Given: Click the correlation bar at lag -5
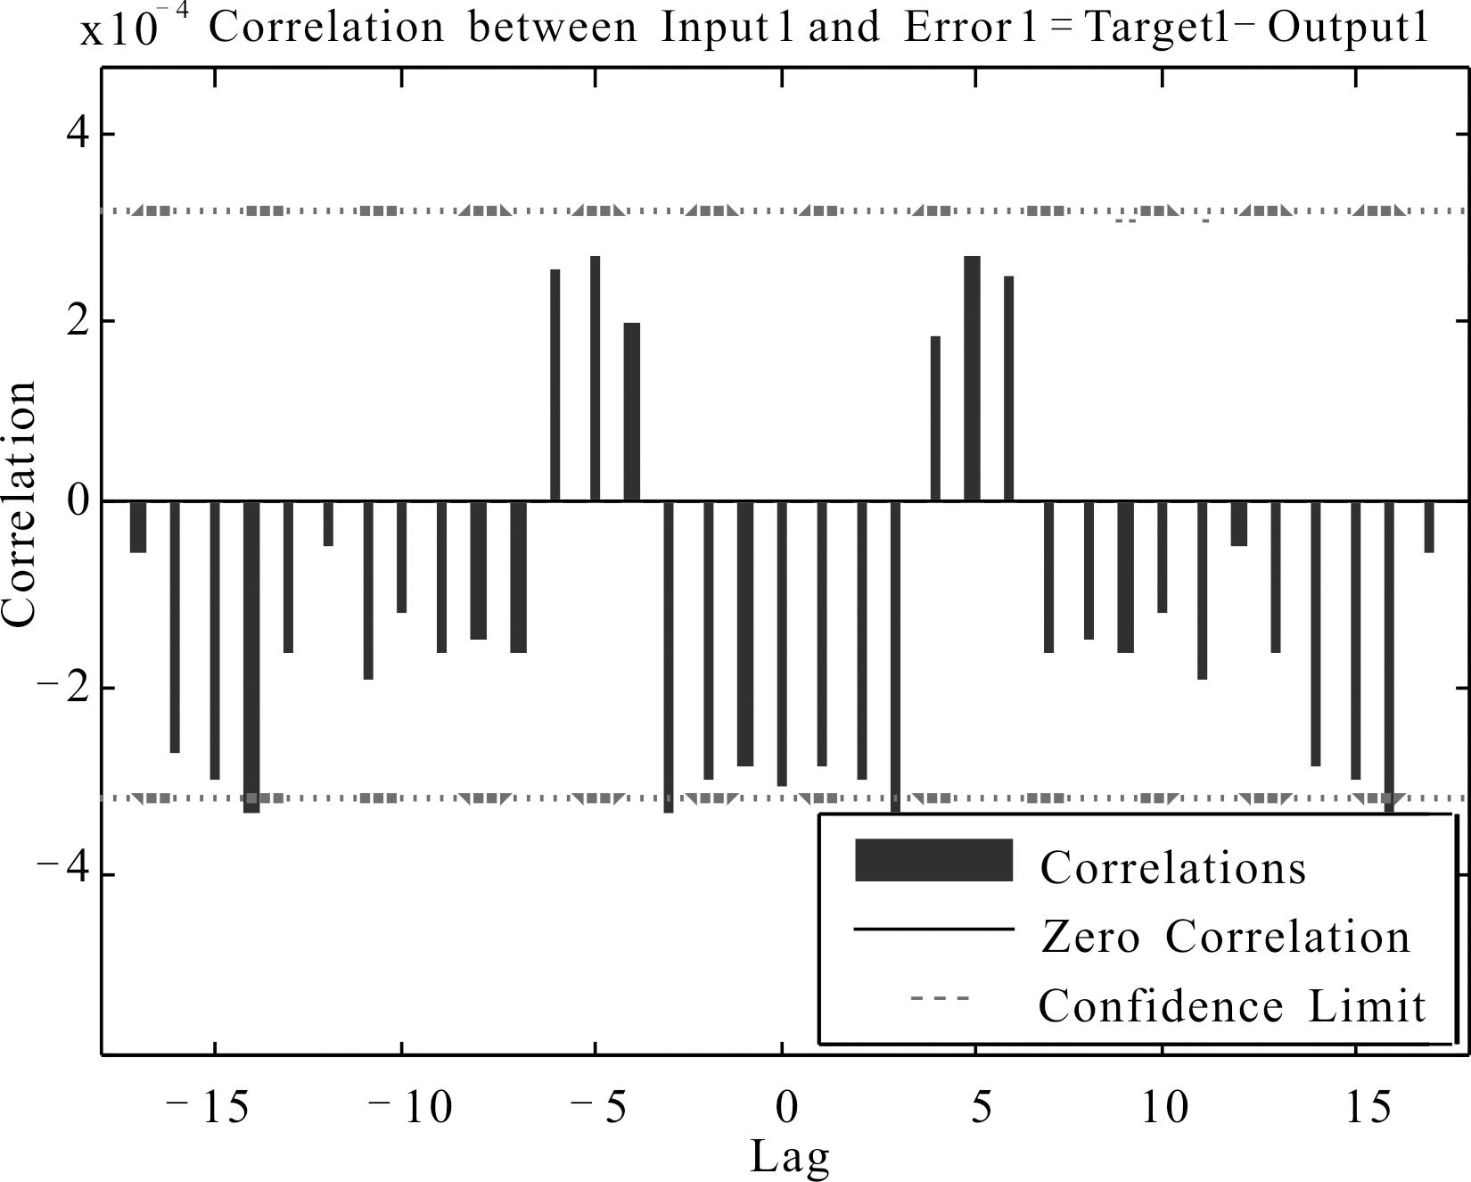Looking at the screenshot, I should (x=595, y=378).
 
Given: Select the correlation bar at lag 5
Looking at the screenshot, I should (x=972, y=378).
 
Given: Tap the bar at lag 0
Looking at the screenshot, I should (x=782, y=642).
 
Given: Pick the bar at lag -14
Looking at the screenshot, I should (x=251, y=656).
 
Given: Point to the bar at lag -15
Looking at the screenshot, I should (x=214, y=639).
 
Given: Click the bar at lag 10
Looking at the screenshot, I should (x=1162, y=557).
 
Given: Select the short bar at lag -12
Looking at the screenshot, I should (x=328, y=523).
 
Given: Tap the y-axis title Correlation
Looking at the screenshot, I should (x=20, y=504).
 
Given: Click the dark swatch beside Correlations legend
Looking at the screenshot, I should (x=933, y=860).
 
